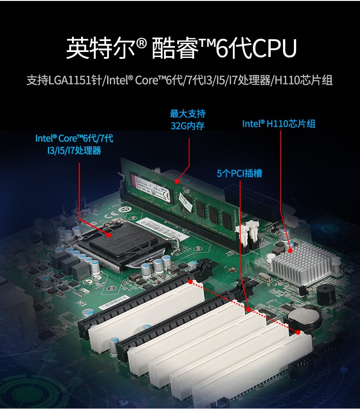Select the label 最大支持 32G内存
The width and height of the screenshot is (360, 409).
coord(187,119)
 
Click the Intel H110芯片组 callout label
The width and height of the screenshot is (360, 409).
coord(278,124)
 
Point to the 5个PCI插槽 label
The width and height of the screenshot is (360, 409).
coord(239,173)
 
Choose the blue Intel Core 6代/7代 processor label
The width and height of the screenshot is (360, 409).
coord(74,144)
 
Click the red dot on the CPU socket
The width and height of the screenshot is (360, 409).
coord(109,235)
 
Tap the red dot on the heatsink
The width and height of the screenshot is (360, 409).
coord(291,250)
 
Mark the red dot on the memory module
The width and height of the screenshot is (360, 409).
coord(176,181)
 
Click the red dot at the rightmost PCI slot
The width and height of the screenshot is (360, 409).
coord(298,332)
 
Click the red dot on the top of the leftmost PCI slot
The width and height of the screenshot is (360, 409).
coord(191,281)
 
